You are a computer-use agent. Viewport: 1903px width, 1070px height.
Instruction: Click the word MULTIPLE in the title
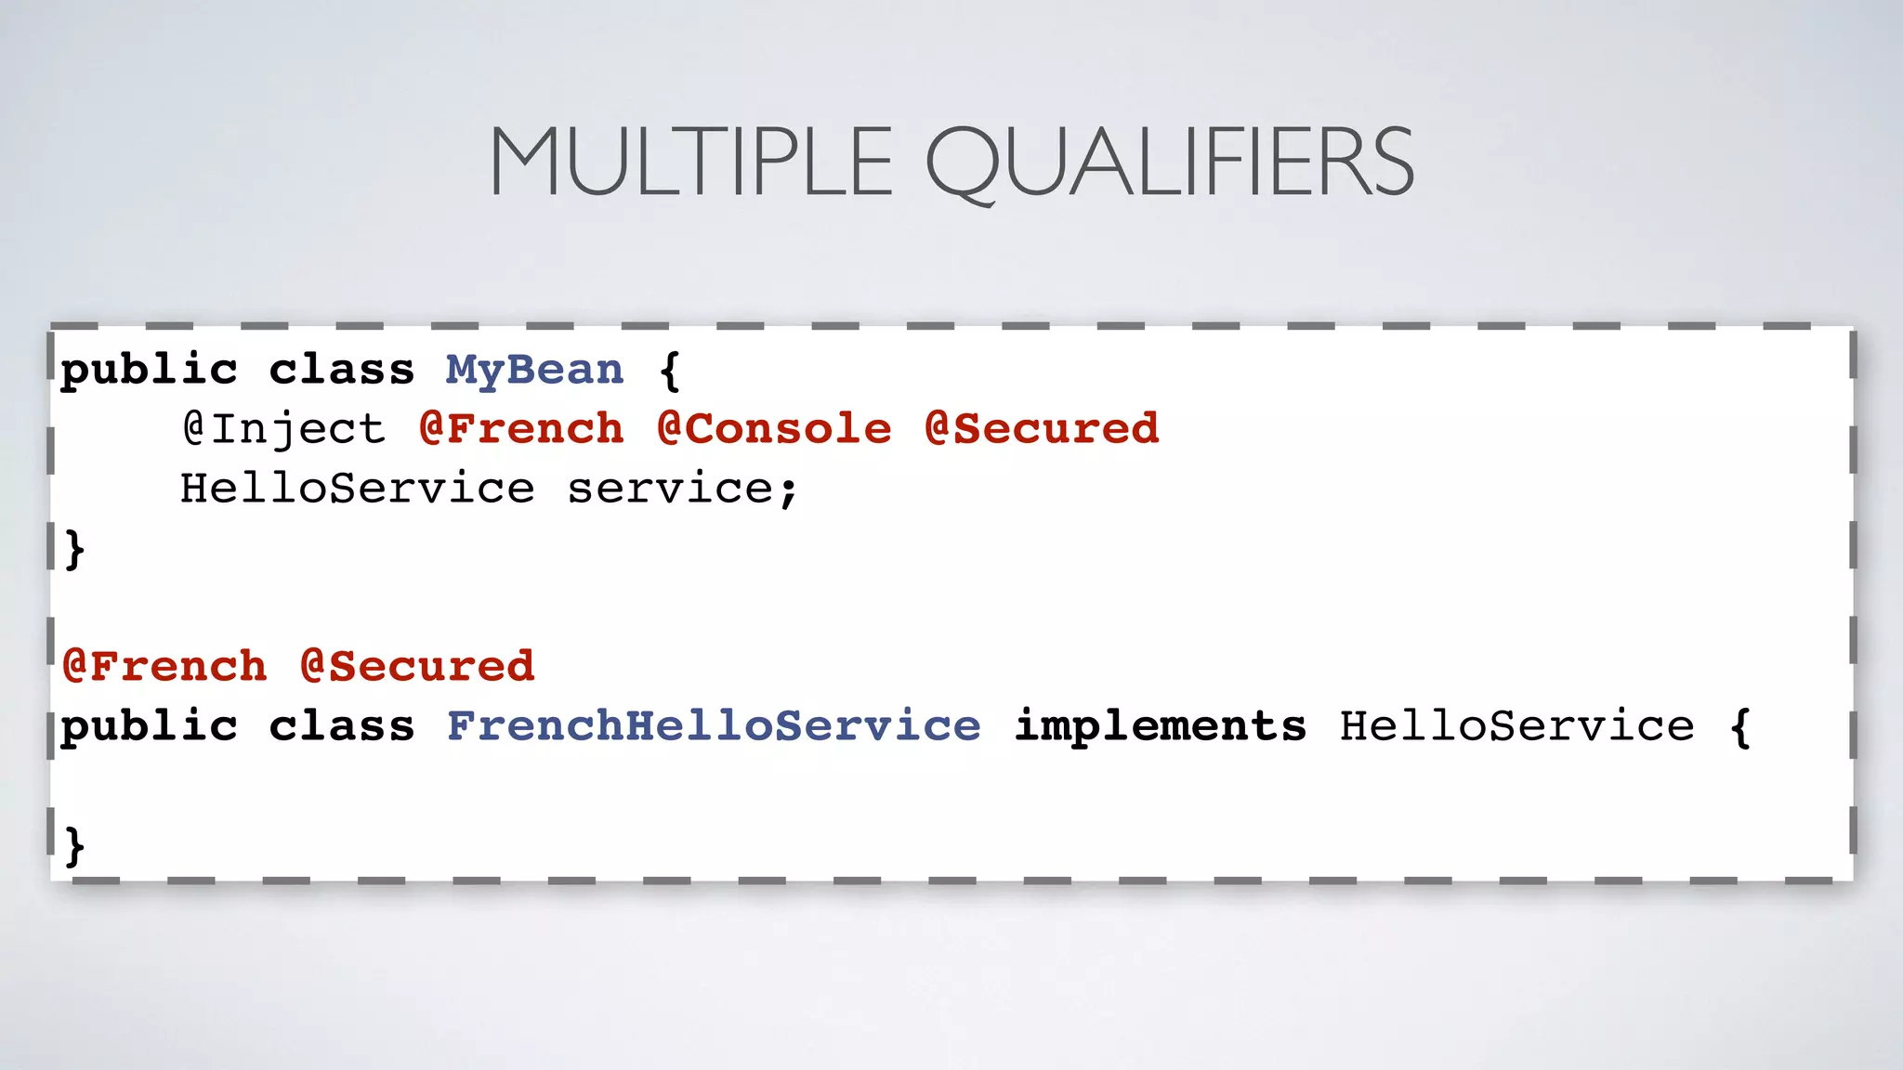pos(690,163)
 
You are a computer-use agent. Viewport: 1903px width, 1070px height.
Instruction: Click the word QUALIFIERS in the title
pos(1169,164)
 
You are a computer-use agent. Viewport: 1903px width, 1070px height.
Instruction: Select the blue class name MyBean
pos(534,371)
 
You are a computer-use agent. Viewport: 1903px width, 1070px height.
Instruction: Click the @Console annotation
pos(773,429)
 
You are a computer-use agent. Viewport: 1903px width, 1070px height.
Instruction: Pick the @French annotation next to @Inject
pos(521,429)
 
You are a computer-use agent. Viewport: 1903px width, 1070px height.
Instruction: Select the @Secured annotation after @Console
pos(1042,429)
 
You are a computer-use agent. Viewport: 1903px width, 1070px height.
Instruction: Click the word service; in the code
pos(682,489)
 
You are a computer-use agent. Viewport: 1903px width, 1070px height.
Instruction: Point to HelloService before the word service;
pos(357,489)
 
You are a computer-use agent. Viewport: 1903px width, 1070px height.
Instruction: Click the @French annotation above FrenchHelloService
pos(164,667)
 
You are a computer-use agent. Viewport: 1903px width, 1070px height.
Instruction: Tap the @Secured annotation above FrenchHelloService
pos(417,667)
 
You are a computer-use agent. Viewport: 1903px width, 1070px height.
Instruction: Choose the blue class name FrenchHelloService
pos(713,726)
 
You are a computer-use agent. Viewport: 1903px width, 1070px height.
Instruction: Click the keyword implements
pos(1160,726)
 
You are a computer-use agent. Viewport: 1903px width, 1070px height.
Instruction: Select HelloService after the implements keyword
pos(1516,726)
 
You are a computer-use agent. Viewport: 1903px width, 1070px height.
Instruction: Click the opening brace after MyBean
pos(669,371)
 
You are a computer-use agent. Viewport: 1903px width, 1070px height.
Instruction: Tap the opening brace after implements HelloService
pos(1740,726)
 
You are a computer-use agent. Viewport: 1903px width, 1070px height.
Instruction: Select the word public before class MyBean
pos(149,371)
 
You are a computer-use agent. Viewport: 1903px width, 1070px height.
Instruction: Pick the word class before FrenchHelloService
pos(341,726)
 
